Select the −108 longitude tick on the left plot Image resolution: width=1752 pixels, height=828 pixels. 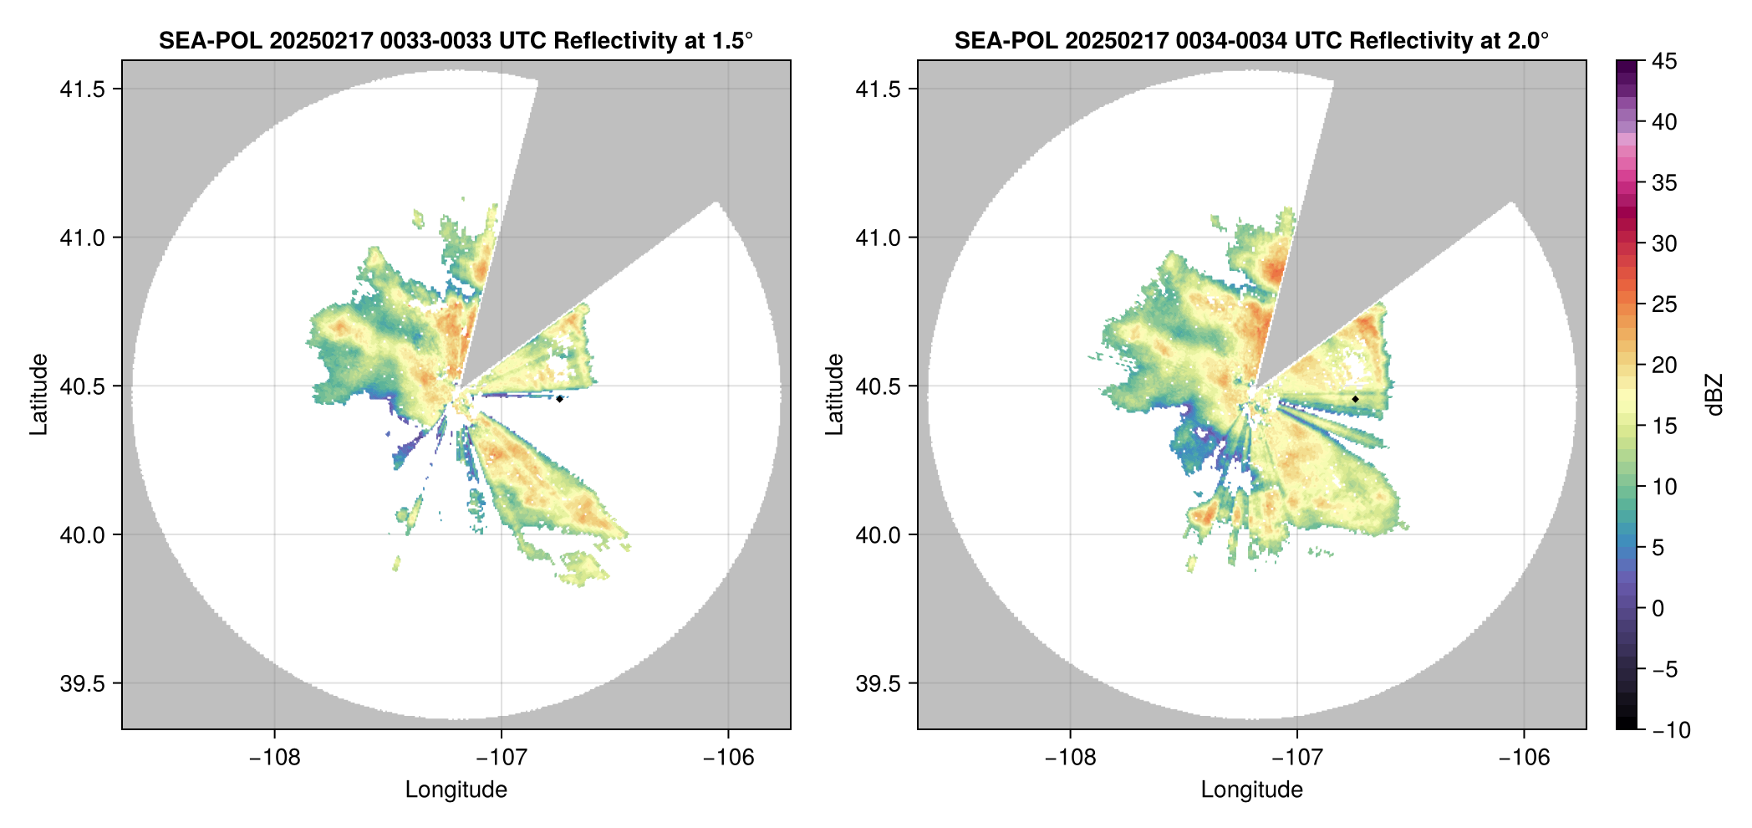[x=274, y=758]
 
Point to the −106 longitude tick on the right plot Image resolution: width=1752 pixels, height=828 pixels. [x=1524, y=758]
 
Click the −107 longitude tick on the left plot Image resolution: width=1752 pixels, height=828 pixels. [x=502, y=758]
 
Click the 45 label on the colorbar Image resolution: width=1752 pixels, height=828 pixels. [x=1663, y=62]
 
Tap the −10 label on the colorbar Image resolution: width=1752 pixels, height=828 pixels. [x=1670, y=730]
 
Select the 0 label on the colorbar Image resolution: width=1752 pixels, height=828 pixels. [x=1658, y=609]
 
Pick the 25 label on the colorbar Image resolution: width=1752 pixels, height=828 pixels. [x=1663, y=304]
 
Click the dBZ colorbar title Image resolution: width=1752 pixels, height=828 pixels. [x=1715, y=395]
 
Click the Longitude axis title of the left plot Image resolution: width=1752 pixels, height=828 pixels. [x=456, y=790]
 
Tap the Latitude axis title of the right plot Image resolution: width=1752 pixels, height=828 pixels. [x=834, y=395]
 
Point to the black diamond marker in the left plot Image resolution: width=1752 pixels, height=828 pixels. [x=559, y=399]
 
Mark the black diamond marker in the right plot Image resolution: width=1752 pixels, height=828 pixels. [x=1355, y=399]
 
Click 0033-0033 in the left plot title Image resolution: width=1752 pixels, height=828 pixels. [x=435, y=41]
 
